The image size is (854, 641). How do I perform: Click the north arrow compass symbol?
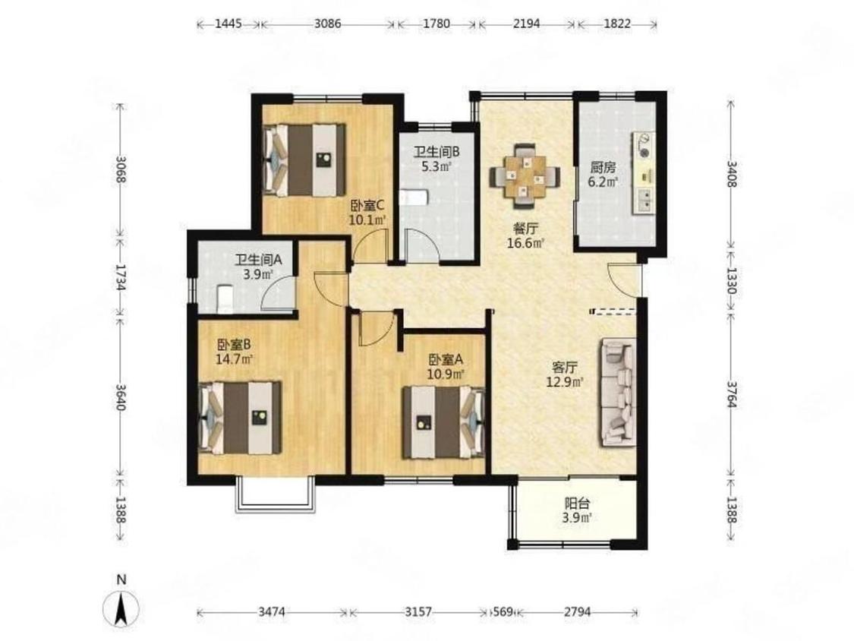[121, 608]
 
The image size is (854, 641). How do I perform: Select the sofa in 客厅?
[619, 393]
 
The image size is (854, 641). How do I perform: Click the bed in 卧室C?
[304, 159]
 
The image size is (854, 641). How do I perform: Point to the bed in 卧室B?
[240, 418]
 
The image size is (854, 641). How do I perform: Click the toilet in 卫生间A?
[225, 299]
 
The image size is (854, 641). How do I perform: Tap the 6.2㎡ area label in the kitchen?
[603, 182]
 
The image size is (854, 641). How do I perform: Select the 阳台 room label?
[578, 504]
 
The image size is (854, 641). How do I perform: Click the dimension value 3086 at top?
[328, 24]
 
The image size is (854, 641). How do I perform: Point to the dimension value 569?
[503, 612]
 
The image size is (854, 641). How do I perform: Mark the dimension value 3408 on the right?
[732, 173]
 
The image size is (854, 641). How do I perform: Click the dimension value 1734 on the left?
[121, 277]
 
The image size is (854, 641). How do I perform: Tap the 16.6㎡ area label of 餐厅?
[525, 243]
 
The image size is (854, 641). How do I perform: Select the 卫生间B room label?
[436, 152]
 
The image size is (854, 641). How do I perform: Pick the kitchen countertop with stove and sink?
[643, 172]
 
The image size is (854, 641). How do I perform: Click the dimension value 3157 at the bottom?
[418, 612]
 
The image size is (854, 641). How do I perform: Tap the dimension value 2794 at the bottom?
[578, 612]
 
